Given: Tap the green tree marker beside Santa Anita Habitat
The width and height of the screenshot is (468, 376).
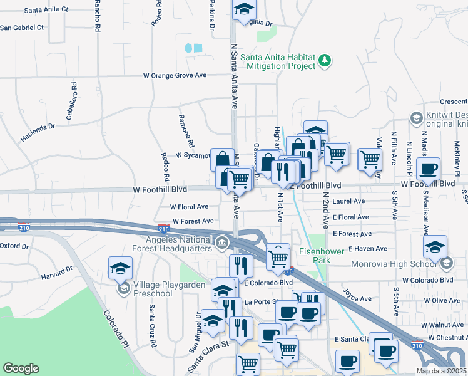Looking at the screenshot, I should [325, 61].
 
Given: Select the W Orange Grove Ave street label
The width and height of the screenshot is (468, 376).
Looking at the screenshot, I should [175, 75].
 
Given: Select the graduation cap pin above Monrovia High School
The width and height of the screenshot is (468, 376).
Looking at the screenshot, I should [435, 247].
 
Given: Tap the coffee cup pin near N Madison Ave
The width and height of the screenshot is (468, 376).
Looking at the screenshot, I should [429, 168].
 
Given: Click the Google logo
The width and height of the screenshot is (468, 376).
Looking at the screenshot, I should [21, 368].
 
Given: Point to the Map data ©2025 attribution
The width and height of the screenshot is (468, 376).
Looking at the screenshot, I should [441, 371].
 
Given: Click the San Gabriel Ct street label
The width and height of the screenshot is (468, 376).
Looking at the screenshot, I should [22, 28].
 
